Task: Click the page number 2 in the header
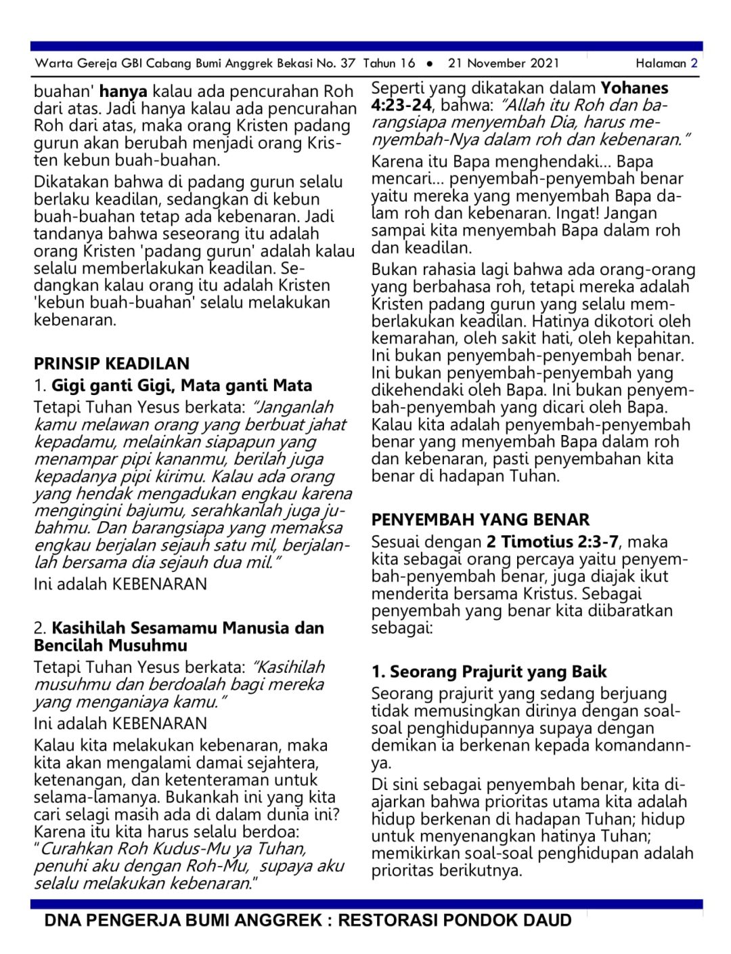(694, 64)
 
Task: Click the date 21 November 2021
(504, 64)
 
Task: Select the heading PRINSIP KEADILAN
(112, 363)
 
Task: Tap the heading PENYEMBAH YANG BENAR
(480, 520)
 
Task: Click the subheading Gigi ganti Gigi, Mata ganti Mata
(181, 386)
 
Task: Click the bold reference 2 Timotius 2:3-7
(552, 542)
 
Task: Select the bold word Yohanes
(634, 88)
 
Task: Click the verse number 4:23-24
(401, 105)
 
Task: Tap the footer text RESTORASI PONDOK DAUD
(455, 920)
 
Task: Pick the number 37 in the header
(348, 64)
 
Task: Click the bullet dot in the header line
(430, 64)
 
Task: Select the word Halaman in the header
(661, 64)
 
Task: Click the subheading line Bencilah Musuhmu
(110, 645)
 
